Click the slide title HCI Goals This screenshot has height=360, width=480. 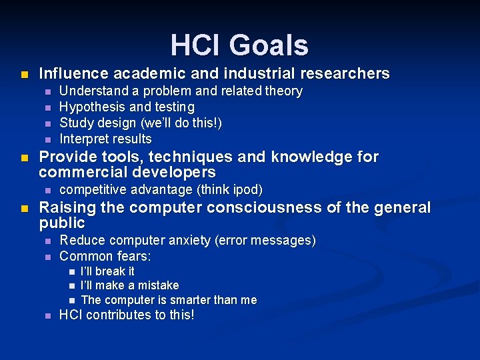pyautogui.click(x=239, y=45)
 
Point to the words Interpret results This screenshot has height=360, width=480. pyautogui.click(x=105, y=139)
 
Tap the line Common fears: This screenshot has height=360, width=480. pyautogui.click(x=105, y=256)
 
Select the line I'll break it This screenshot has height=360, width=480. pyautogui.click(x=107, y=271)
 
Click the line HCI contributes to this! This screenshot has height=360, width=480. pyautogui.click(x=127, y=315)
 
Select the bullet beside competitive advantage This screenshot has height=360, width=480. pyautogui.click(x=47, y=190)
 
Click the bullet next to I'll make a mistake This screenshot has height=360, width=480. pyautogui.click(x=71, y=286)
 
